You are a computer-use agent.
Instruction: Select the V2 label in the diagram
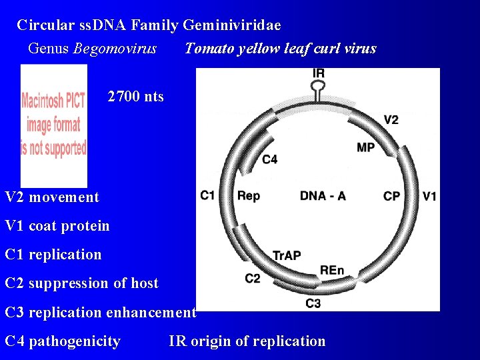(x=391, y=120)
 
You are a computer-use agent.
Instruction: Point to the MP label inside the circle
(x=366, y=147)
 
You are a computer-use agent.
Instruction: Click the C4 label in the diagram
(x=270, y=159)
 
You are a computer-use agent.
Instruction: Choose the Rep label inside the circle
(x=249, y=196)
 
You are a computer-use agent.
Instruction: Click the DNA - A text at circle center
(x=323, y=196)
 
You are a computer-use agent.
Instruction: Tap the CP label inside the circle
(x=391, y=196)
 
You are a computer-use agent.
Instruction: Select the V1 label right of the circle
(x=430, y=196)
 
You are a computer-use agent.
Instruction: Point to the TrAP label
(x=287, y=255)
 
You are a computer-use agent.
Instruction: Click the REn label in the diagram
(x=332, y=270)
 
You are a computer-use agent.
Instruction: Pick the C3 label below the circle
(x=313, y=303)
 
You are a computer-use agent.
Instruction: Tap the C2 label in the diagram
(x=253, y=278)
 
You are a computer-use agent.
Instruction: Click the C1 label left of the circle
(x=207, y=196)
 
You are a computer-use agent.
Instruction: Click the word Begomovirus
(x=115, y=49)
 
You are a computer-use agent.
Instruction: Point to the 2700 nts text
(x=135, y=97)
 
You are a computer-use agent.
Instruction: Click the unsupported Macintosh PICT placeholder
(x=53, y=125)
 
